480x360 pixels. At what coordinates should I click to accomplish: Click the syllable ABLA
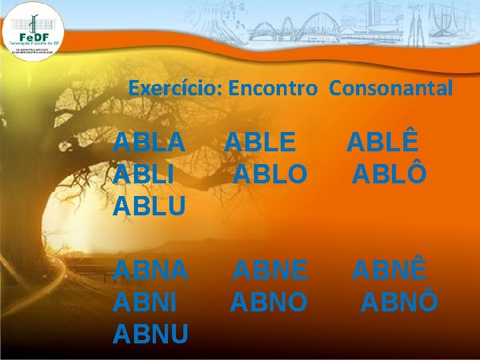[x=149, y=143]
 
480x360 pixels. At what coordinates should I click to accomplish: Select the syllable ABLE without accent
[x=259, y=143]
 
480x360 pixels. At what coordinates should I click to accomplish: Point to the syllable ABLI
[x=145, y=175]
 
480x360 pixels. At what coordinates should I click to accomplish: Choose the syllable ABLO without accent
[x=271, y=175]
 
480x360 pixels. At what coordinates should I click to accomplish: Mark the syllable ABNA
[x=151, y=271]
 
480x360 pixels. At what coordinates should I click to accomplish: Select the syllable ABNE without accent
[x=271, y=271]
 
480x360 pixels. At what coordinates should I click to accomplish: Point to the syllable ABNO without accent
[x=269, y=302]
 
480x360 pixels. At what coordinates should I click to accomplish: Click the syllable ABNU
[x=151, y=334]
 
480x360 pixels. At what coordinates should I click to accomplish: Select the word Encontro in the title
[x=272, y=88]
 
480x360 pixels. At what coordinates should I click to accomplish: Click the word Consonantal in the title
[x=391, y=88]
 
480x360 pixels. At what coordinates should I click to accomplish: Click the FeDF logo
[x=33, y=30]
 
